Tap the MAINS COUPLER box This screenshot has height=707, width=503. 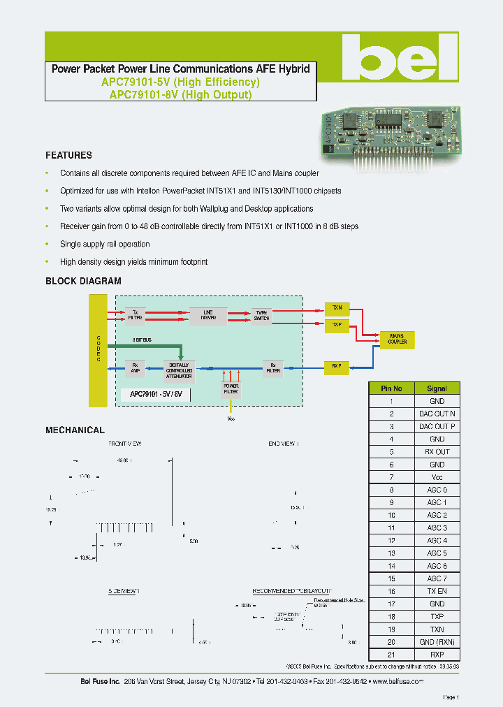point(398,340)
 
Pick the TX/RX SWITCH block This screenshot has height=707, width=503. point(261,315)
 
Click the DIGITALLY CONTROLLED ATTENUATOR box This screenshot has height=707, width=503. point(180,370)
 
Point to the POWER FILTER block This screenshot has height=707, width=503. point(231,388)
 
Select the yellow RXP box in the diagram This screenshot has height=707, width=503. point(337,365)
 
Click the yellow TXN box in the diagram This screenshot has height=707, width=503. point(337,307)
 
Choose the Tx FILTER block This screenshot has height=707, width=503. point(134,315)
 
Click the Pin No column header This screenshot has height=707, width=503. point(391,388)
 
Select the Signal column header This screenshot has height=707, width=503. point(437,388)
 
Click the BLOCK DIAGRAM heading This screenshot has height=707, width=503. point(83,282)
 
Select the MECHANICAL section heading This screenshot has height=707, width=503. point(75,430)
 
